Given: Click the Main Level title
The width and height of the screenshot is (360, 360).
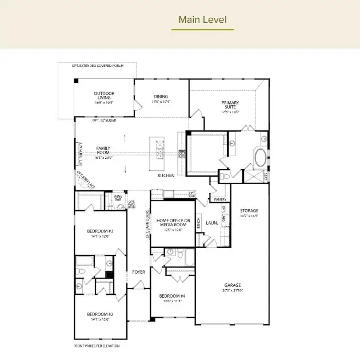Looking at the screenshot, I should click(x=202, y=20).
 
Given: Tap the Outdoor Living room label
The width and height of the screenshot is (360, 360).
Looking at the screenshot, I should click(x=104, y=96).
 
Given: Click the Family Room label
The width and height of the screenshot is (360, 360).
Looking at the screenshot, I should click(x=103, y=151).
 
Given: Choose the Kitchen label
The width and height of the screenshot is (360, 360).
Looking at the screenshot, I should click(x=166, y=175).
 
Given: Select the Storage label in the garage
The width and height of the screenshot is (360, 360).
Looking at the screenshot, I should click(x=249, y=211).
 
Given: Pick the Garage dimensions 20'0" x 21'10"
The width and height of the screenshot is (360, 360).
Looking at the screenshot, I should click(x=232, y=291).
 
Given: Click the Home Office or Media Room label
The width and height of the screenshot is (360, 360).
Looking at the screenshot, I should click(x=173, y=223).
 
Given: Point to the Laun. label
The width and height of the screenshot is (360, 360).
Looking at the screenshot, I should click(x=211, y=223).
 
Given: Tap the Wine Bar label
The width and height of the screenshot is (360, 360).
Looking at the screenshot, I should click(x=118, y=198).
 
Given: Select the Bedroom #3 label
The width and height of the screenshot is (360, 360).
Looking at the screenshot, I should click(x=100, y=231).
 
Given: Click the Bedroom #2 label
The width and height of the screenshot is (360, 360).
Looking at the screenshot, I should click(x=100, y=314).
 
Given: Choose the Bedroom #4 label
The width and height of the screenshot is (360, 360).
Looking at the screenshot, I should click(x=172, y=296).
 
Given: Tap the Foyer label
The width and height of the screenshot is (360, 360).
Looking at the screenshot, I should click(x=138, y=271).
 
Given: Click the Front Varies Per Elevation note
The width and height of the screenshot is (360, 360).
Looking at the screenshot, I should click(x=97, y=346).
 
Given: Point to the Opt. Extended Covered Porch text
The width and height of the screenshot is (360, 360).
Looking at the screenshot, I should click(x=97, y=66).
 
